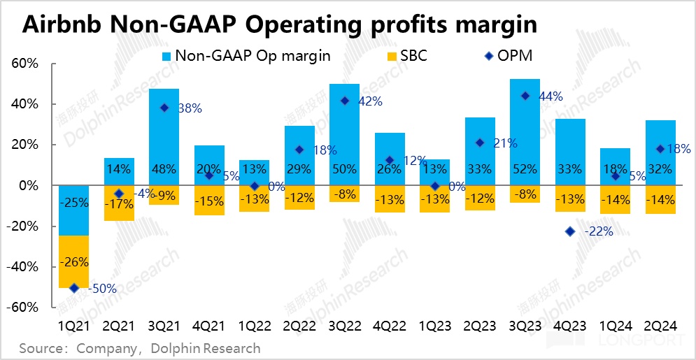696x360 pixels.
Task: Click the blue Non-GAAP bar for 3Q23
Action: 525,133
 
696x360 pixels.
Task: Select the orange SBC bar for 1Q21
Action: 73,261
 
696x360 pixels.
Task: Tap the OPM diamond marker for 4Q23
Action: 570,231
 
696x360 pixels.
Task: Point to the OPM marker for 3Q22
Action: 344,101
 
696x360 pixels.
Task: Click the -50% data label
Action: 101,289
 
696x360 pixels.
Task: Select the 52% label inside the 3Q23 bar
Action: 525,168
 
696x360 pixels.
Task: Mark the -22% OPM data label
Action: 599,231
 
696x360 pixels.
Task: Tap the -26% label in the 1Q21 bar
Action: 73,263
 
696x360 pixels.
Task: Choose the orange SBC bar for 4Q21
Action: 208,201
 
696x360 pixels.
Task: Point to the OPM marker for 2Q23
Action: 480,143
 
